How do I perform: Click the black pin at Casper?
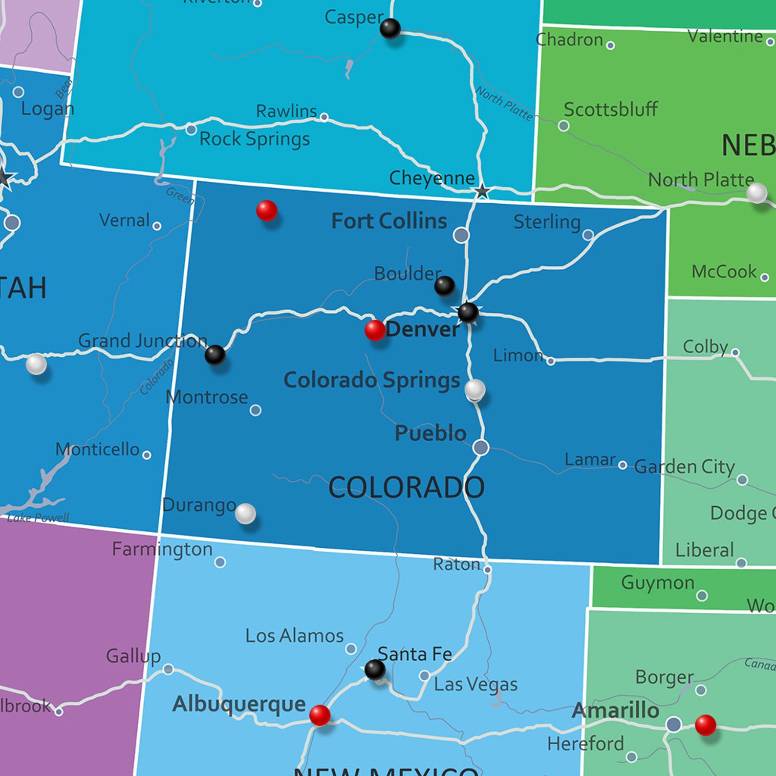pyautogui.click(x=390, y=28)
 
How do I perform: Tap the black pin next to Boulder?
pyautogui.click(x=444, y=285)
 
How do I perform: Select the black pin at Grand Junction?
pyautogui.click(x=215, y=355)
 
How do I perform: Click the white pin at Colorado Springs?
pyautogui.click(x=474, y=389)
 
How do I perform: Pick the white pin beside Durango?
pyautogui.click(x=245, y=513)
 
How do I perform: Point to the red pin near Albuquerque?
pyautogui.click(x=320, y=715)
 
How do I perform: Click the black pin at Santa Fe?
pyautogui.click(x=375, y=669)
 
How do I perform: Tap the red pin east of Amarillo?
pyautogui.click(x=705, y=725)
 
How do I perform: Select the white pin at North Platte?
pyautogui.click(x=756, y=193)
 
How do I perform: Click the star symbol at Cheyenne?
pyautogui.click(x=482, y=191)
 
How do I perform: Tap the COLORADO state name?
pyautogui.click(x=406, y=487)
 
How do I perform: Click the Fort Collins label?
pyautogui.click(x=389, y=221)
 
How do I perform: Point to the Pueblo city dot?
pyautogui.click(x=481, y=447)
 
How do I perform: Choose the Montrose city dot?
pyautogui.click(x=255, y=410)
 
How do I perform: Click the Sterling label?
pyautogui.click(x=547, y=222)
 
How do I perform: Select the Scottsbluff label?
pyautogui.click(x=610, y=109)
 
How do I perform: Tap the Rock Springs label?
pyautogui.click(x=255, y=139)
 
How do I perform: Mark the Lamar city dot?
pyautogui.click(x=622, y=465)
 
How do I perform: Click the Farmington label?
pyautogui.click(x=162, y=549)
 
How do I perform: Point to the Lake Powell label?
pyautogui.click(x=38, y=517)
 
